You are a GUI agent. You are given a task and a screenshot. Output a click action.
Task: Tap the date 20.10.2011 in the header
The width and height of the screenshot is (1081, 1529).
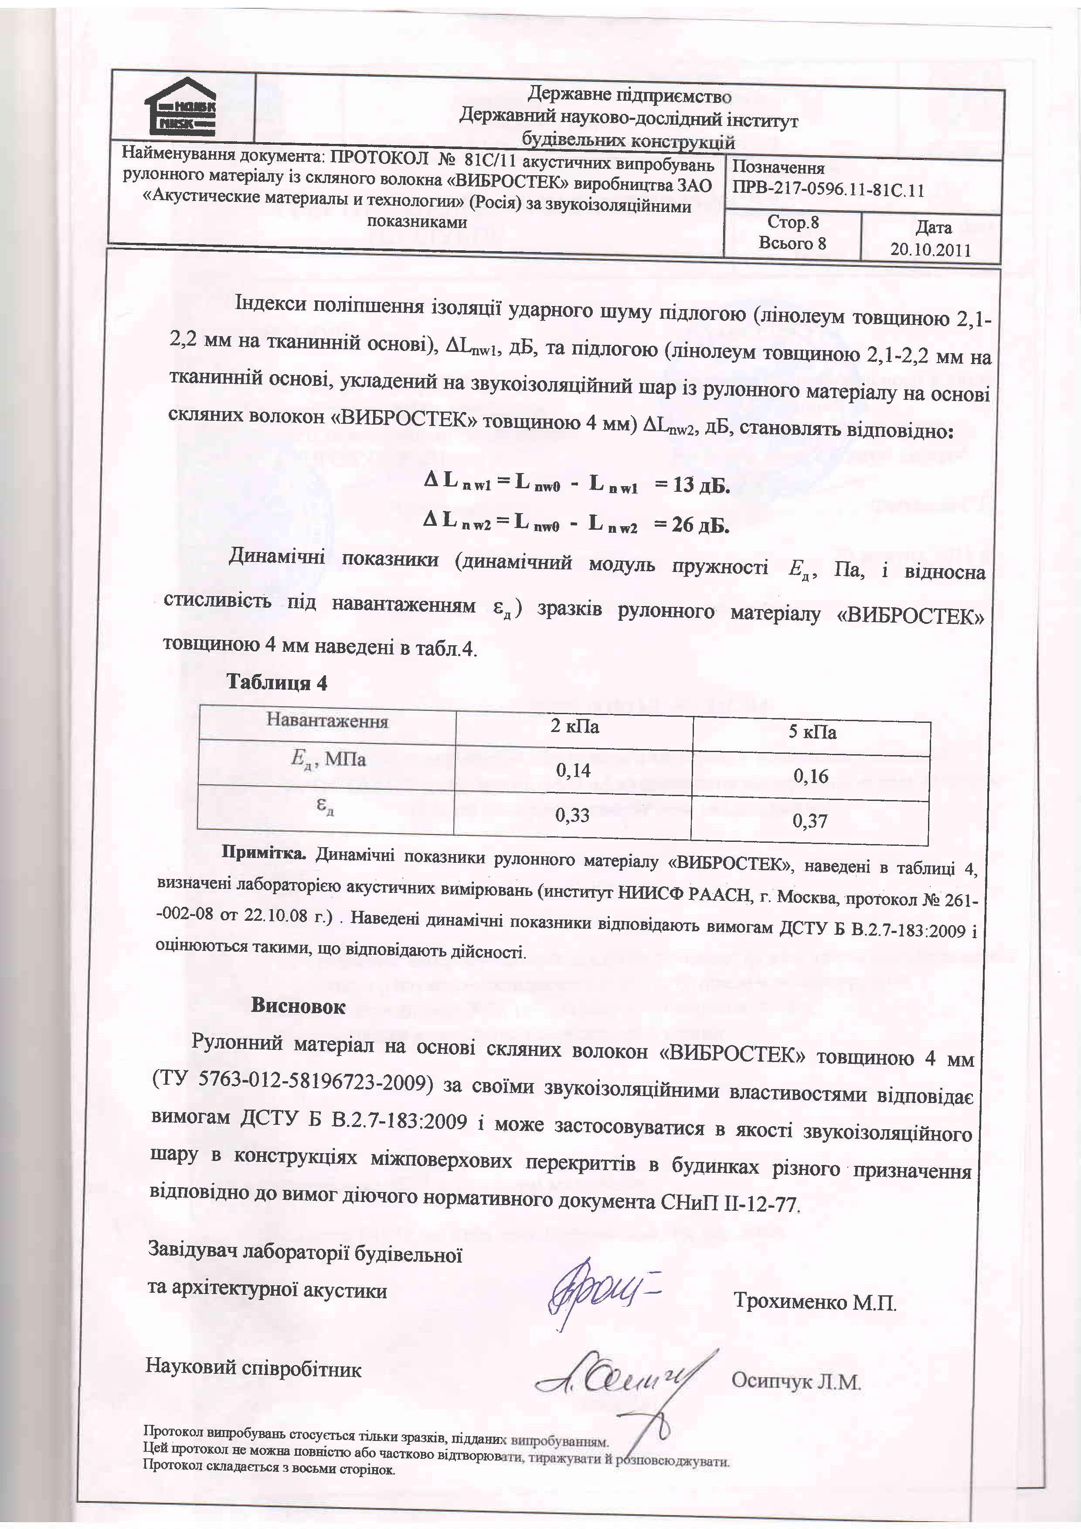point(931,250)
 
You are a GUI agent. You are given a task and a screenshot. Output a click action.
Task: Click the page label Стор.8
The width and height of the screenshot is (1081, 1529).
point(793,222)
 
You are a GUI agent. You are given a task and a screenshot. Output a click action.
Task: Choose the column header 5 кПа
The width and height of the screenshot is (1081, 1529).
point(812,732)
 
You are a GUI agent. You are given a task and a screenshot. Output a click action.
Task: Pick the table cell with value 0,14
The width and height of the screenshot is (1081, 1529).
point(573,770)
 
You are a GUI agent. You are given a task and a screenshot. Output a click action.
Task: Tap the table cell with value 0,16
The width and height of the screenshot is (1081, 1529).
point(811,776)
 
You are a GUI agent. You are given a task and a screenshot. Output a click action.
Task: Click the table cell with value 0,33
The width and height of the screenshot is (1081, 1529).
point(572,814)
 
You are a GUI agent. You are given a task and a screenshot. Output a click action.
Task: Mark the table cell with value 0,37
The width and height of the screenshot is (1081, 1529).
point(810,821)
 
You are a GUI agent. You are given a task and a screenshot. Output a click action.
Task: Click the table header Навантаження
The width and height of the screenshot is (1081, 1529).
point(327,721)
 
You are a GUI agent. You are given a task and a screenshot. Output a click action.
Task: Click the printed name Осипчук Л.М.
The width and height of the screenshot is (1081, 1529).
point(796,1381)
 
